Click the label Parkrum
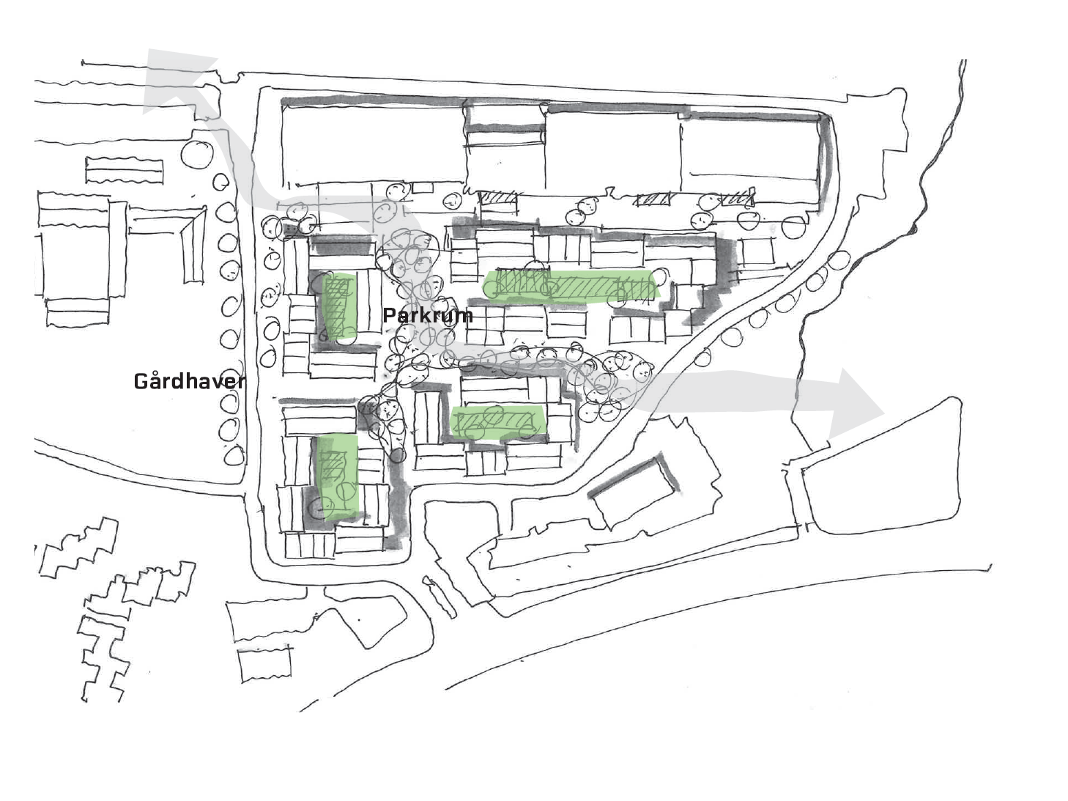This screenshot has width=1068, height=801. (428, 315)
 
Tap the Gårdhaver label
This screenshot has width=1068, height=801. (189, 381)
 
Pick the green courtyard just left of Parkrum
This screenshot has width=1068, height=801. (339, 306)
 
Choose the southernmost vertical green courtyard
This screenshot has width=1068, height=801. (338, 477)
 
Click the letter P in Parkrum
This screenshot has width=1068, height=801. (389, 315)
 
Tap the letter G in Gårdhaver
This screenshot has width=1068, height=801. (141, 382)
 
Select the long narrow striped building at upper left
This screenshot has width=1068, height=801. (124, 170)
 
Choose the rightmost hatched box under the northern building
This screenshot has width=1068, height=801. (737, 198)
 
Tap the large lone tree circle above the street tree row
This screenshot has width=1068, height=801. (197, 155)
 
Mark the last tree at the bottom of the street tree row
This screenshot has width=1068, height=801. (234, 456)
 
